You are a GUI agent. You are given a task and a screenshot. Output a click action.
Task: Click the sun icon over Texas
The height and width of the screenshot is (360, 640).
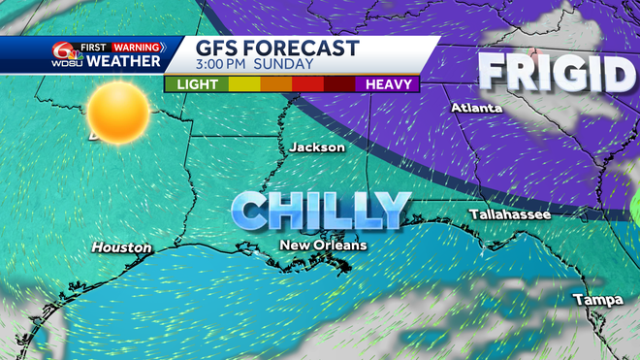click(x=120, y=112)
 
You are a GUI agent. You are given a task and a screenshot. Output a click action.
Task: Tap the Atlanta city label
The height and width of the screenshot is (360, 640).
click(x=476, y=108)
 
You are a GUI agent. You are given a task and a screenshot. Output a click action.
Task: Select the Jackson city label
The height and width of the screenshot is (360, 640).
click(x=317, y=147)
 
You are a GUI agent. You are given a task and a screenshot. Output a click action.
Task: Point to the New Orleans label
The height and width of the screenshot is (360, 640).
click(x=323, y=245)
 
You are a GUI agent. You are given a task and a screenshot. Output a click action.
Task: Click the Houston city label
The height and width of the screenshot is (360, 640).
click(x=122, y=248)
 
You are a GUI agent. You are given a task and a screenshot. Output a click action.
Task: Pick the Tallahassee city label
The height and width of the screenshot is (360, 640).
click(x=509, y=213)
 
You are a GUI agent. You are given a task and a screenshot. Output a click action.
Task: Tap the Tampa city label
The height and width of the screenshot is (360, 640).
click(x=597, y=300)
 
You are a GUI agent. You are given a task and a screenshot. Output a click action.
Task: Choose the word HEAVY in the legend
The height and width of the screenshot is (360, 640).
click(x=392, y=84)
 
